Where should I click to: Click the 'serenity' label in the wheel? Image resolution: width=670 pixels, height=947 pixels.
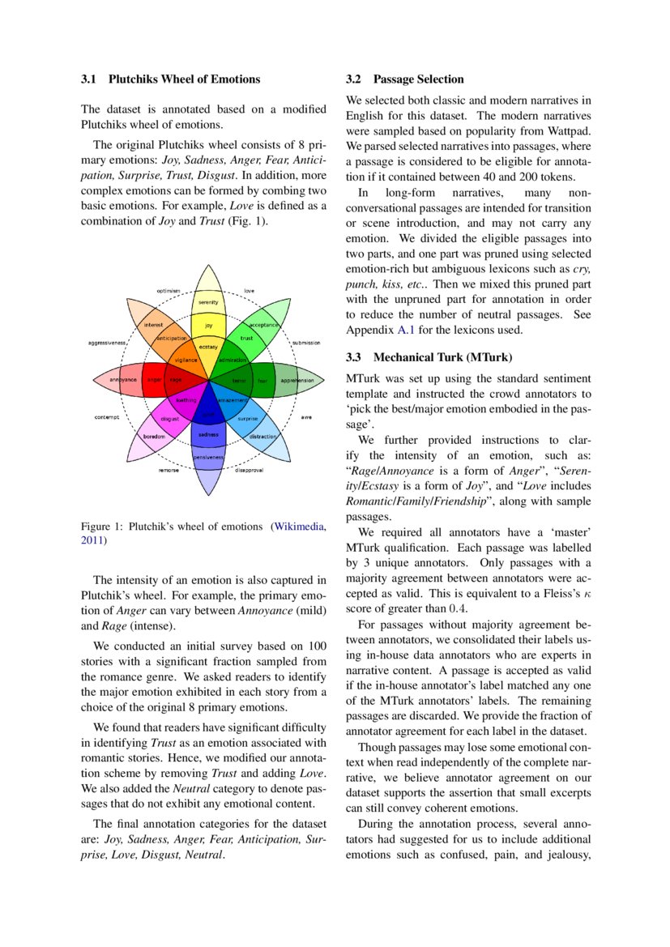[x=208, y=302]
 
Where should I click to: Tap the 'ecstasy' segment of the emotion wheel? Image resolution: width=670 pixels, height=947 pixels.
[x=208, y=347]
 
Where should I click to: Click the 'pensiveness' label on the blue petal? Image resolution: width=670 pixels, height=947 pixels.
[x=208, y=459]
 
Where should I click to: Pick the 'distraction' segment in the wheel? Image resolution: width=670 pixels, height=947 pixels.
[x=262, y=437]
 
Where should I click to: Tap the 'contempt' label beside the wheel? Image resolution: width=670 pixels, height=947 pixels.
[x=106, y=417]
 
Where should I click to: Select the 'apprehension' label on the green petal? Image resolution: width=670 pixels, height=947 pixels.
[x=297, y=380]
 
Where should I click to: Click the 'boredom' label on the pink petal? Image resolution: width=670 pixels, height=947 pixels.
[x=154, y=437]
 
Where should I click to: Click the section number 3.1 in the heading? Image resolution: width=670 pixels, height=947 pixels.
[x=88, y=79]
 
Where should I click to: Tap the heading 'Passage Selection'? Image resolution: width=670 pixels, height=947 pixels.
[x=418, y=79]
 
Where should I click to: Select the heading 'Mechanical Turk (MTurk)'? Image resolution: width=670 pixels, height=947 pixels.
[x=442, y=356]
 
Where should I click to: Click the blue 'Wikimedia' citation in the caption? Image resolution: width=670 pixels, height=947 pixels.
[x=301, y=527]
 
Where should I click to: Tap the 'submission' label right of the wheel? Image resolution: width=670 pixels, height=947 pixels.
[x=306, y=343]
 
